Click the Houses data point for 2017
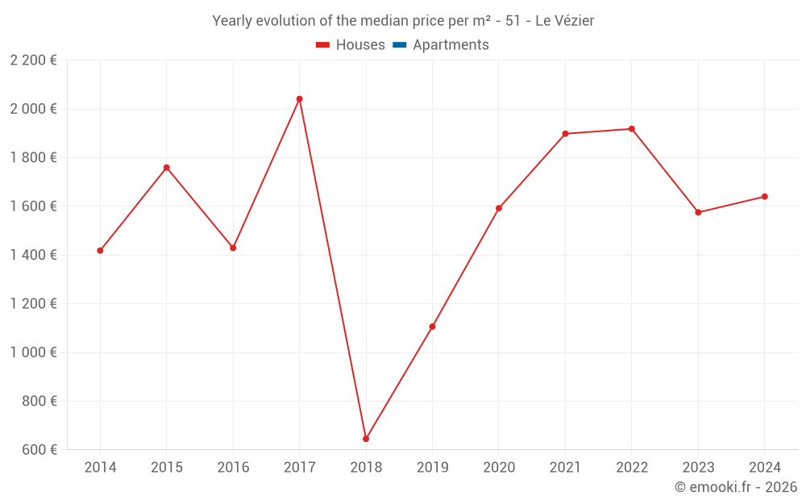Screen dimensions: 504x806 [x=299, y=99]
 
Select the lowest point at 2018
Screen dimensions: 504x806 [x=366, y=439]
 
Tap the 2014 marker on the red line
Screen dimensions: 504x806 [x=100, y=251]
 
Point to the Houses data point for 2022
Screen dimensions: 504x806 [x=632, y=129]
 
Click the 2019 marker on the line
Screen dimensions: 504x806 [x=432, y=327]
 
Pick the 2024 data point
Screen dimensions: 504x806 [x=764, y=197]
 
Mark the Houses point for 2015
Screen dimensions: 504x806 [x=167, y=168]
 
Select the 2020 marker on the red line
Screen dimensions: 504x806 [x=499, y=208]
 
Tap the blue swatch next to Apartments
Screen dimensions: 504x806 [x=399, y=45]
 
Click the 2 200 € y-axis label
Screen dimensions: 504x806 [x=33, y=60]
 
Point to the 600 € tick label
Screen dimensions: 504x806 [x=39, y=449]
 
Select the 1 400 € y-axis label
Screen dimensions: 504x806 [x=33, y=255]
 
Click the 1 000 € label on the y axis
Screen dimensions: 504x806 [x=33, y=352]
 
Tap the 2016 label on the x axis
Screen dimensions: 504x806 [x=233, y=468]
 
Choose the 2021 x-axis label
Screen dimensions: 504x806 [x=565, y=468]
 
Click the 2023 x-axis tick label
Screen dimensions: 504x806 [x=698, y=468]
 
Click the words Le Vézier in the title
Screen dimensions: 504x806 [x=564, y=21]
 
